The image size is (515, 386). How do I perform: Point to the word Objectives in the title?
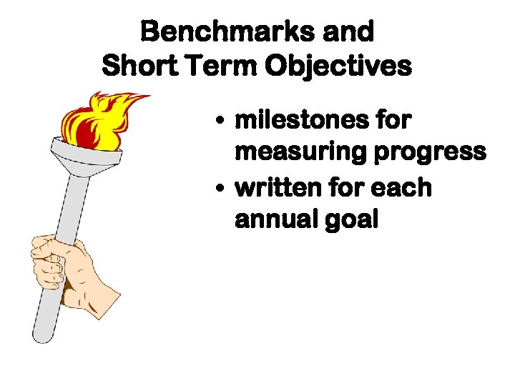tap(338, 66)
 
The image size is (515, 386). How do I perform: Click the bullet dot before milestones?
tap(224, 122)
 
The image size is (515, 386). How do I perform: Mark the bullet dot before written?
tap(224, 189)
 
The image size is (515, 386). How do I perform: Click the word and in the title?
tap(348, 31)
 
